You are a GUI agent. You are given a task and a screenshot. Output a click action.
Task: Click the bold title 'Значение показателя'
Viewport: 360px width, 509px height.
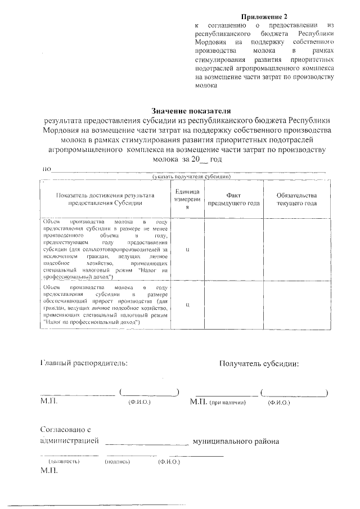[x=191, y=111]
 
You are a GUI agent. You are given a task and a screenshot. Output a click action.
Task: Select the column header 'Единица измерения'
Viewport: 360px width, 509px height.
[x=186, y=200]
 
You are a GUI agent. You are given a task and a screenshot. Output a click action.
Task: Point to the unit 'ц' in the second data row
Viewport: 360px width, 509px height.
[x=186, y=304]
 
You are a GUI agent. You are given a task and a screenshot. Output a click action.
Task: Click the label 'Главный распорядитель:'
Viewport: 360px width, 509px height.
[x=84, y=363]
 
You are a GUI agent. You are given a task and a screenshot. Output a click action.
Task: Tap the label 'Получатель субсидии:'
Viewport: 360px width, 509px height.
[x=259, y=363]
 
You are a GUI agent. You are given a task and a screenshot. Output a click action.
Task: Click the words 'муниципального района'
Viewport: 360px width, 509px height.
[x=236, y=442]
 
